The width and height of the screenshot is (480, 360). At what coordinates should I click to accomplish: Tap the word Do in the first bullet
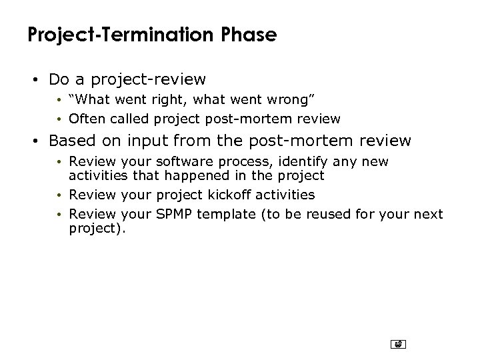(x=58, y=80)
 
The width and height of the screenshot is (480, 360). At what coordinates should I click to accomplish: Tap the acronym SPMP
(x=173, y=215)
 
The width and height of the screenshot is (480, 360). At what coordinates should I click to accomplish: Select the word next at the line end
(x=429, y=215)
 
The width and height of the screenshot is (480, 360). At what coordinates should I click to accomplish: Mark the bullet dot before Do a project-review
(x=38, y=81)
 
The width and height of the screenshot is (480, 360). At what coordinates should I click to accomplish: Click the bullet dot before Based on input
(x=38, y=142)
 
